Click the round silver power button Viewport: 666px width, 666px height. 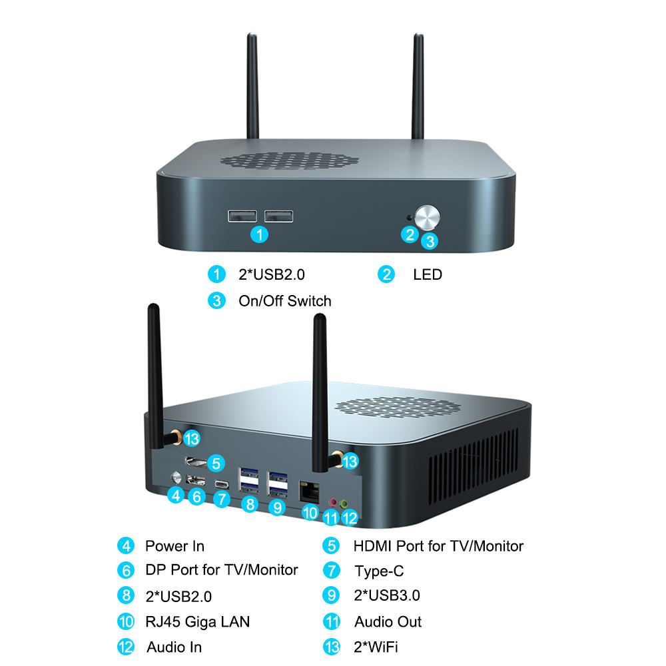pos(427,217)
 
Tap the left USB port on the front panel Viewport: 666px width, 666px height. pos(242,216)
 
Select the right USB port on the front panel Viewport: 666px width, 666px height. pos(278,216)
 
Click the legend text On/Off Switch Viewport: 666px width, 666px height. pos(284,301)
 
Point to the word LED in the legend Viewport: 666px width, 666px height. pos(427,274)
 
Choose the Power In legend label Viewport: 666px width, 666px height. pos(174,546)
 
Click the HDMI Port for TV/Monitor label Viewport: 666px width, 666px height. pos(438,546)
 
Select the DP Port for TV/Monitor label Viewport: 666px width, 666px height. pos(221,570)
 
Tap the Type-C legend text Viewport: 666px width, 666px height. pos(379,571)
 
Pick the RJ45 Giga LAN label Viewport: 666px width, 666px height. pos(197,622)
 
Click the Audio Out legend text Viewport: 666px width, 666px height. pos(388,622)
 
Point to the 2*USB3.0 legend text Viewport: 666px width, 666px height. pos(386,595)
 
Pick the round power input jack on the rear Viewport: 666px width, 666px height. pos(176,477)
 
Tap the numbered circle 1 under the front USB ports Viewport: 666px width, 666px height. pos(260,234)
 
